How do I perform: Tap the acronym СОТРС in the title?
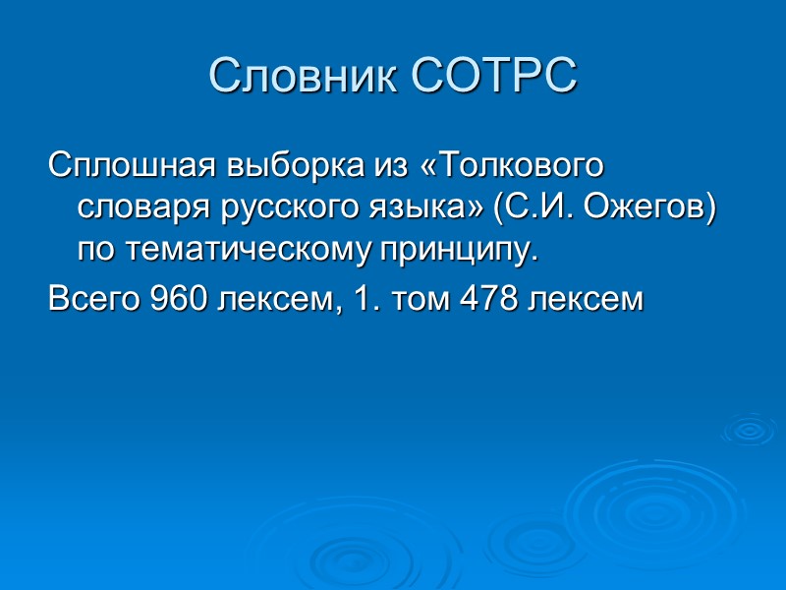tap(491, 77)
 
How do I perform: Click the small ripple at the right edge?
tap(749, 430)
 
